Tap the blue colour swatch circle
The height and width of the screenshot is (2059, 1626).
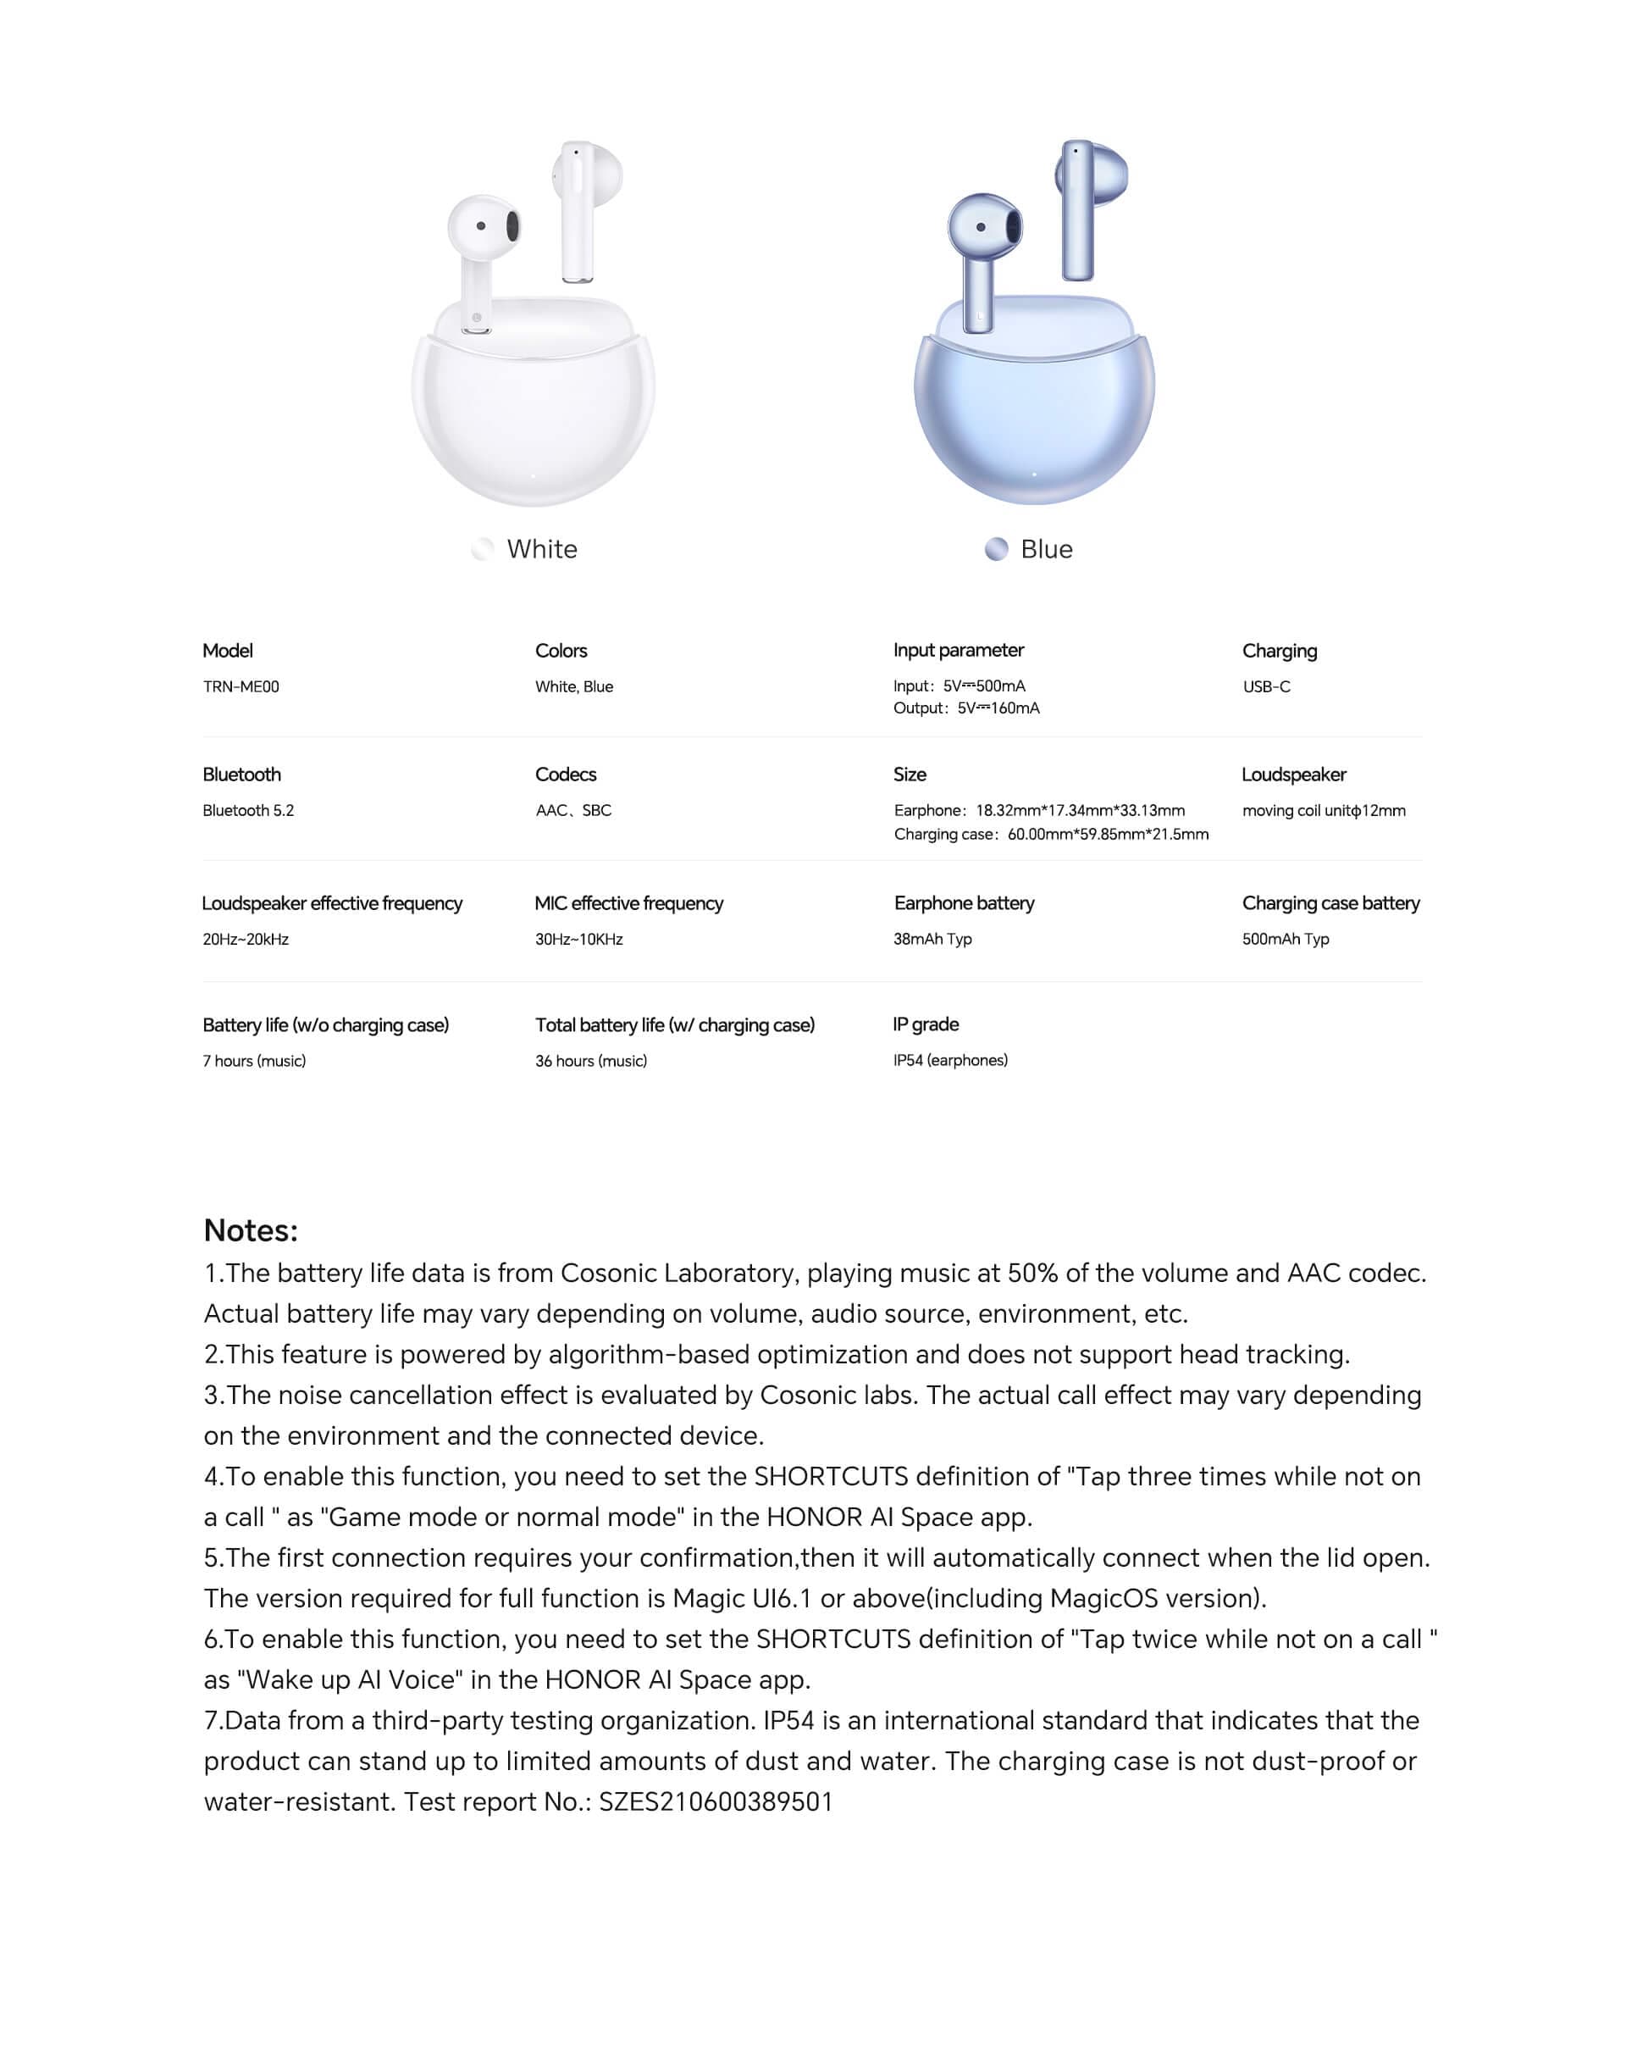(996, 550)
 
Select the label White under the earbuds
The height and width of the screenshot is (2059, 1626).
(542, 550)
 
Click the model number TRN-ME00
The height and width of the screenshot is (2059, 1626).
(241, 686)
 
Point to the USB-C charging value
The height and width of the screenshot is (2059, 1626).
(1266, 686)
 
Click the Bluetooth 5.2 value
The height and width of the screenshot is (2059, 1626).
(248, 810)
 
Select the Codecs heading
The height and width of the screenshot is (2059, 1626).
(566, 774)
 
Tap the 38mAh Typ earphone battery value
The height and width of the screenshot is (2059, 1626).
(932, 939)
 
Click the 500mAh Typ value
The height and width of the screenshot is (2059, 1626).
(1286, 939)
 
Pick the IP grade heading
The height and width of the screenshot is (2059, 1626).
(926, 1024)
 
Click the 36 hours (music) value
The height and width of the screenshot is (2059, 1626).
(591, 1061)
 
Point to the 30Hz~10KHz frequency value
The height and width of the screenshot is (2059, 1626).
(578, 939)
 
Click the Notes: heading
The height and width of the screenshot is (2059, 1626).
(252, 1230)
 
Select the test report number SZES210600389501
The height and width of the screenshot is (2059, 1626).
(716, 1802)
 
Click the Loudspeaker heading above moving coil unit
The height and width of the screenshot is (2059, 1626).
(1294, 774)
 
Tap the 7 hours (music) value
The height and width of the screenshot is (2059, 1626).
(254, 1061)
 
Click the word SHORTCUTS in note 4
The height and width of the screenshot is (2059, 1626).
(831, 1476)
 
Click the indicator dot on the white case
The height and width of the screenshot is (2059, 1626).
(534, 475)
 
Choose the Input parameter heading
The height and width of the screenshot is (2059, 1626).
(958, 651)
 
